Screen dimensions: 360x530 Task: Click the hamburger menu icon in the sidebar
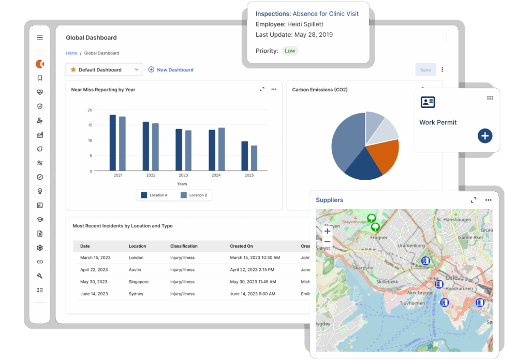tap(40, 38)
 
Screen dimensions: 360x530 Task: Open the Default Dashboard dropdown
tap(104, 69)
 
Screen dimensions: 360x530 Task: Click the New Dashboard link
tap(171, 70)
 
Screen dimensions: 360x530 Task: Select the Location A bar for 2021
tap(113, 142)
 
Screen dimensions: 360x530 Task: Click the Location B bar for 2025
tap(254, 157)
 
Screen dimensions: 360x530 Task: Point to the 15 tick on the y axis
tap(90, 125)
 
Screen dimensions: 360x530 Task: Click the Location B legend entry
tap(194, 195)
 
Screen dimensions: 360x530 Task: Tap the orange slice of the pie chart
tap(382, 156)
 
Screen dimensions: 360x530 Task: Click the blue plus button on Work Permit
tap(484, 136)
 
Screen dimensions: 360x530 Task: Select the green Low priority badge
tap(290, 51)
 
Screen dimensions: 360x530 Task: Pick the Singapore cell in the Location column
tap(139, 282)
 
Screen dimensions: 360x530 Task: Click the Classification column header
tap(184, 246)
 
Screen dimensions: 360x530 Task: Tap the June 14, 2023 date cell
tap(94, 294)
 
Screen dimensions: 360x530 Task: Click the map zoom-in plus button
tap(327, 232)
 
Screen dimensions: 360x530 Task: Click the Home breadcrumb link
tap(71, 53)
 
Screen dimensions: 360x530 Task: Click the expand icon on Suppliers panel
tap(473, 200)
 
